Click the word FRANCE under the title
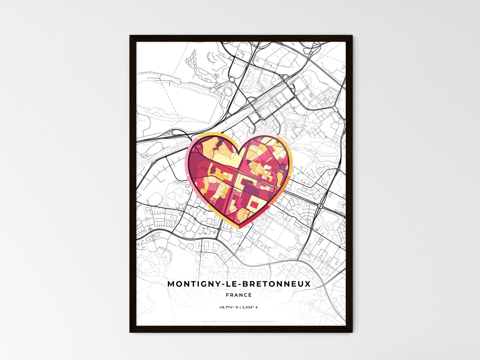(x=239, y=295)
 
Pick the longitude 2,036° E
(x=249, y=308)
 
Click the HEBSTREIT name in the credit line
(x=216, y=321)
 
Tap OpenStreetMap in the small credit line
(x=255, y=321)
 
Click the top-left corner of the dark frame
(x=130, y=36)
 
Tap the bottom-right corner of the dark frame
(x=352, y=332)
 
